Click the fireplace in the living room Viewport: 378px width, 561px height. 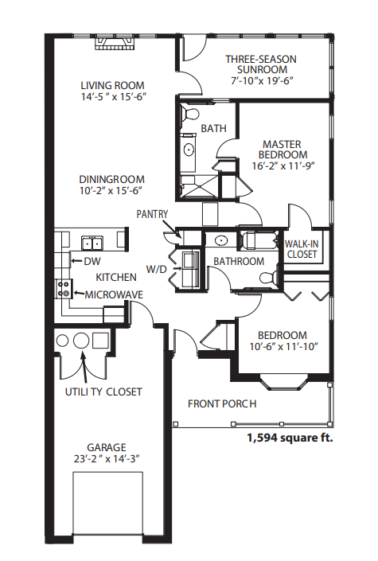click(115, 43)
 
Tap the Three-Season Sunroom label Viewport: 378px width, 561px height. click(261, 64)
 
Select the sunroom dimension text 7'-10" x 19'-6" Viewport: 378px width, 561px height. click(262, 80)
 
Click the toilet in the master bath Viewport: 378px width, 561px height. click(189, 114)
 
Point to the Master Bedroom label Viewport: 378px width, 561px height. click(283, 150)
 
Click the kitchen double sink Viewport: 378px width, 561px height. click(92, 243)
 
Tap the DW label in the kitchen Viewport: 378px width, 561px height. click(92, 261)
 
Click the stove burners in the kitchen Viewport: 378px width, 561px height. click(64, 289)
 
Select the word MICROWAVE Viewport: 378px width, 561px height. click(114, 294)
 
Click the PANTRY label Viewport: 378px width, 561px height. click(152, 214)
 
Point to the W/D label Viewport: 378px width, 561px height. click(157, 269)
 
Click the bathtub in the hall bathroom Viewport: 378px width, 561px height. click(259, 240)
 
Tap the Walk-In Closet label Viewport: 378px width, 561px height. click(302, 249)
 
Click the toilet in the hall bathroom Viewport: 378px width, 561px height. click(268, 278)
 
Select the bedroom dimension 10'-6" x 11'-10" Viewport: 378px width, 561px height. click(283, 346)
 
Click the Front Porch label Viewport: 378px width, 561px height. click(222, 403)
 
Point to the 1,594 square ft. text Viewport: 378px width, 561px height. click(290, 438)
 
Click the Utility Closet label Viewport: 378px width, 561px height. click(103, 392)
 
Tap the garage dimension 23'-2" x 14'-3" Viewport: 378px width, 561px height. click(107, 458)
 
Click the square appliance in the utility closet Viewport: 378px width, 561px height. click(100, 341)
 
